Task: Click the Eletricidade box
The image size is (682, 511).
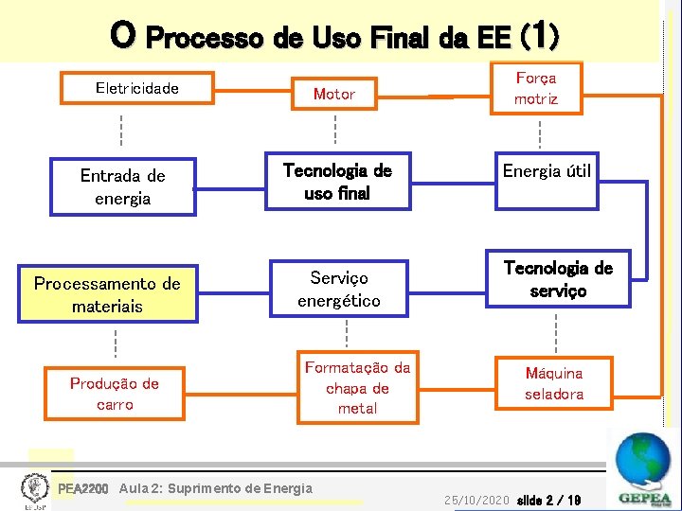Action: tap(136, 88)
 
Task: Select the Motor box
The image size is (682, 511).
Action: tap(333, 94)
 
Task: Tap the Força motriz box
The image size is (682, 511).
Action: tap(536, 89)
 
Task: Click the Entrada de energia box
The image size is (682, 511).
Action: tap(123, 187)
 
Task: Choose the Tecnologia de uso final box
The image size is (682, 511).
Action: tap(337, 181)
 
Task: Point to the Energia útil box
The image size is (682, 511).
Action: tap(547, 171)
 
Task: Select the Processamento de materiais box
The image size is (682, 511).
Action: tap(107, 295)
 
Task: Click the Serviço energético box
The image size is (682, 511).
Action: tap(338, 289)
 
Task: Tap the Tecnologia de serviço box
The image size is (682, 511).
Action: tap(558, 279)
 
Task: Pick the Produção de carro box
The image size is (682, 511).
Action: tap(115, 394)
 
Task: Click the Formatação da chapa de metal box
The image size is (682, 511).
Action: tap(357, 388)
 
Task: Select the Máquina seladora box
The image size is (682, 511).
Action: tap(554, 383)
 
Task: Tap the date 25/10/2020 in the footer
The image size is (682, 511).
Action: tap(476, 499)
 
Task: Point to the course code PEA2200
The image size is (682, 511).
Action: tap(83, 489)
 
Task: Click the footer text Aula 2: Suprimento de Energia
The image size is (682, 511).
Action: tap(216, 488)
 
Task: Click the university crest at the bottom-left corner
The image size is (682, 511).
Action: tap(34, 489)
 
